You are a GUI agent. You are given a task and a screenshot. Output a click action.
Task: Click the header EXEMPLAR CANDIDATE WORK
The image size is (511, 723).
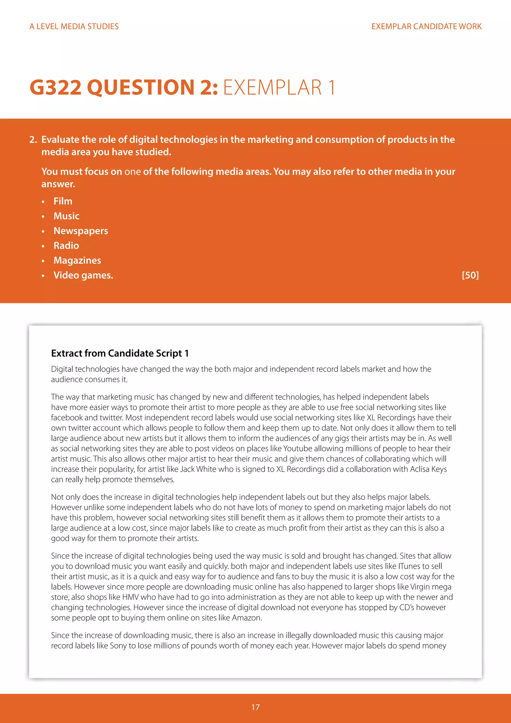[x=426, y=26]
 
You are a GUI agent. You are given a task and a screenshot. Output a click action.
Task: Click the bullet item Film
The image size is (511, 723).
[x=63, y=201]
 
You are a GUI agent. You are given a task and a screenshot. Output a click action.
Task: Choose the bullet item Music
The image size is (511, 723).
[x=66, y=216]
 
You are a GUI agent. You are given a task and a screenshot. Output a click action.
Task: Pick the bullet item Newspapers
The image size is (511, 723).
[x=81, y=231]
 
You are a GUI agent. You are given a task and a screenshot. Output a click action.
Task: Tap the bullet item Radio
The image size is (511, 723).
[x=66, y=246]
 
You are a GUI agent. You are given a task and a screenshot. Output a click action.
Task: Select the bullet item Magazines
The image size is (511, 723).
[x=77, y=260]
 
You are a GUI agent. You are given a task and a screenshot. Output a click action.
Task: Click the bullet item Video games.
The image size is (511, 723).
[x=83, y=275]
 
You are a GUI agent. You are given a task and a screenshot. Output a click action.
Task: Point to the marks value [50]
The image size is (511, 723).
[x=470, y=275]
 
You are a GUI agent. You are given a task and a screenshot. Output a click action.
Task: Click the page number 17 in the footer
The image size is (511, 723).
[x=255, y=707]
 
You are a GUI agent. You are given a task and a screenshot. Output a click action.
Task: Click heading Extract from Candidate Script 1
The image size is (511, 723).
[x=120, y=353]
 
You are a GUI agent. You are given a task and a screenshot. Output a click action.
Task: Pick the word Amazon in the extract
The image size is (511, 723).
[x=246, y=618]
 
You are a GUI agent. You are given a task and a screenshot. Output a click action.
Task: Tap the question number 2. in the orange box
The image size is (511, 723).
[x=33, y=140]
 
